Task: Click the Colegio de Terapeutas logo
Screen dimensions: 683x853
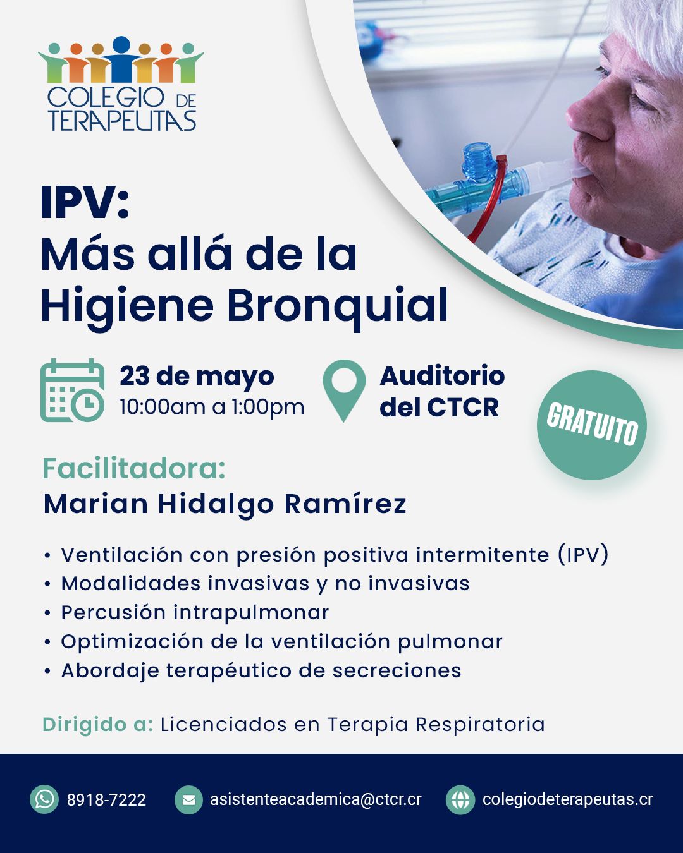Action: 121,83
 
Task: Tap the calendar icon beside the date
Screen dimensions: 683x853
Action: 73,390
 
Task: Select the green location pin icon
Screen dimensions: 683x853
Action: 344,390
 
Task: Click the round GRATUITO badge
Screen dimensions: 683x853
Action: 592,425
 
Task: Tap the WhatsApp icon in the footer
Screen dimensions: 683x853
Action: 44,799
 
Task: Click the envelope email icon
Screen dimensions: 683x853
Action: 189,799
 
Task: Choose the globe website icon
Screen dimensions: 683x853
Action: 460,799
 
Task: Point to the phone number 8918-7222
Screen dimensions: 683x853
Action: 106,800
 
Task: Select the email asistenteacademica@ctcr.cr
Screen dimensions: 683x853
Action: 316,799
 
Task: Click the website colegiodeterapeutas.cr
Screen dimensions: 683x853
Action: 567,800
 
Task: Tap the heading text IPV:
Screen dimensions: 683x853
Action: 85,203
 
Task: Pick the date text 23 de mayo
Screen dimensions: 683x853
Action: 197,377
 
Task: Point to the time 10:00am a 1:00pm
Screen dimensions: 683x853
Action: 212,407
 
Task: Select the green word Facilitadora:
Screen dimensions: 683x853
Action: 134,468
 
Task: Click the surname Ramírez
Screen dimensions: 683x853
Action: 346,504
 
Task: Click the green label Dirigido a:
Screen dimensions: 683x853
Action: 97,725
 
